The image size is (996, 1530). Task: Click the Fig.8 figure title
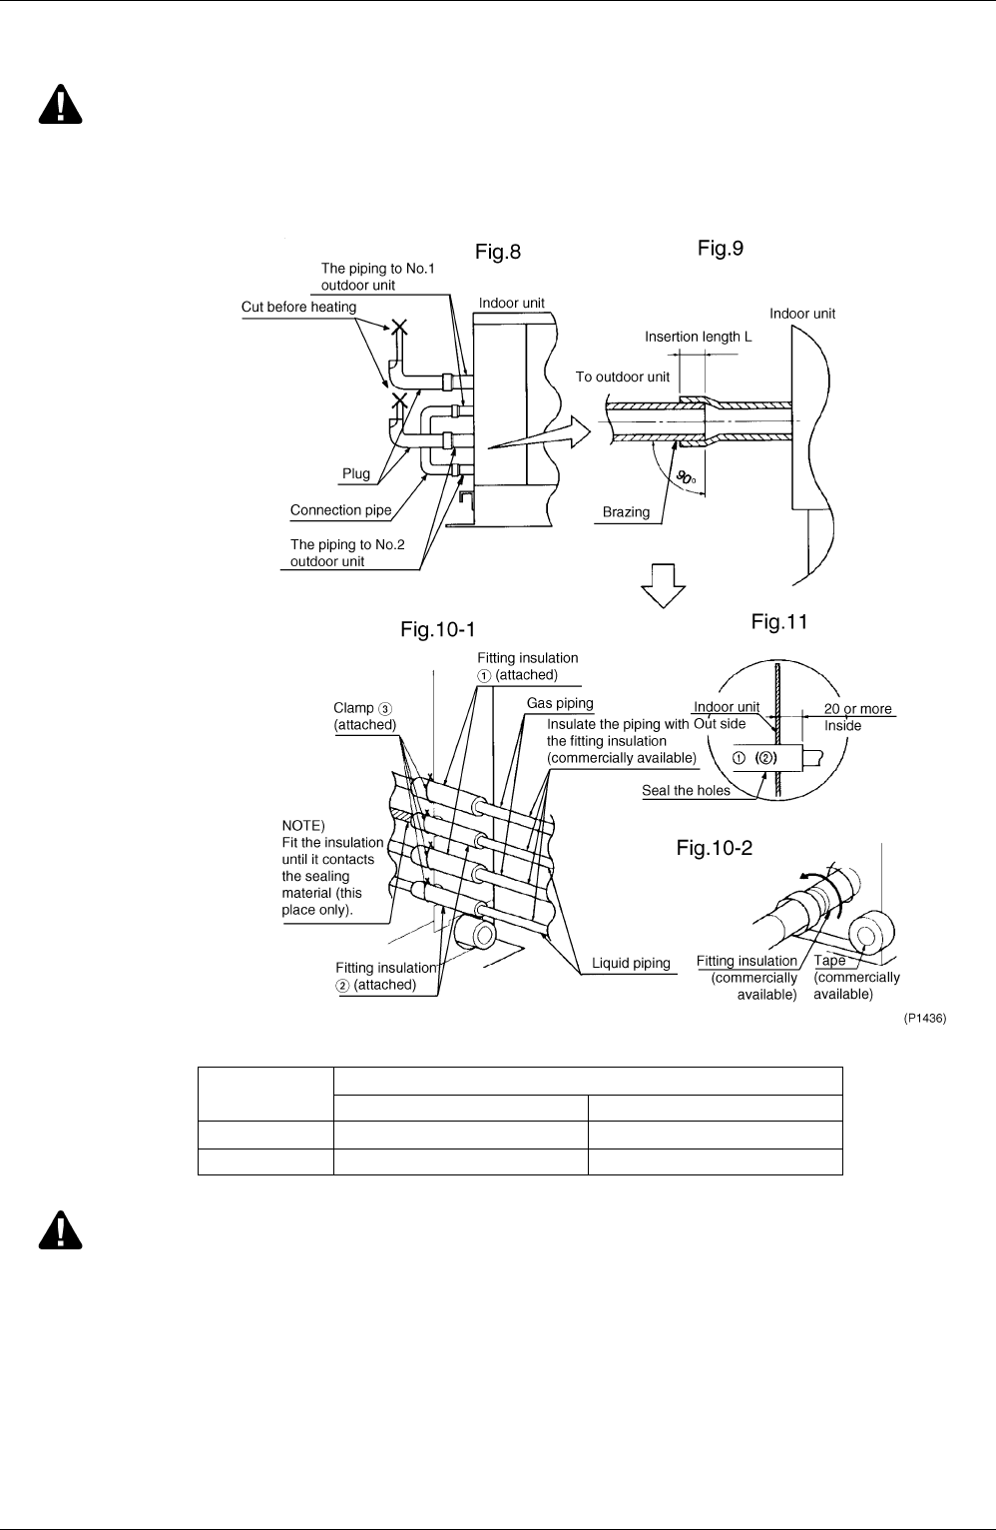tap(498, 252)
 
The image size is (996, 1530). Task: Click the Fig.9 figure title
tap(721, 248)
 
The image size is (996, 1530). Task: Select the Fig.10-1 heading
tap(437, 629)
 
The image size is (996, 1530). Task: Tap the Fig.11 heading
tap(778, 621)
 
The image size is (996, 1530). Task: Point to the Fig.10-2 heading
tap(714, 848)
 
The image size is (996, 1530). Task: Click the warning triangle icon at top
tap(60, 105)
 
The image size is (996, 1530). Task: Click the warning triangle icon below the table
tap(60, 1230)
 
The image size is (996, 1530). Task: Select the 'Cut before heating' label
tap(298, 307)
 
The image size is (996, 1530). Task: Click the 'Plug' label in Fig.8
tap(355, 473)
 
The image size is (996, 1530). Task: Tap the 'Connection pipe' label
tap(340, 510)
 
